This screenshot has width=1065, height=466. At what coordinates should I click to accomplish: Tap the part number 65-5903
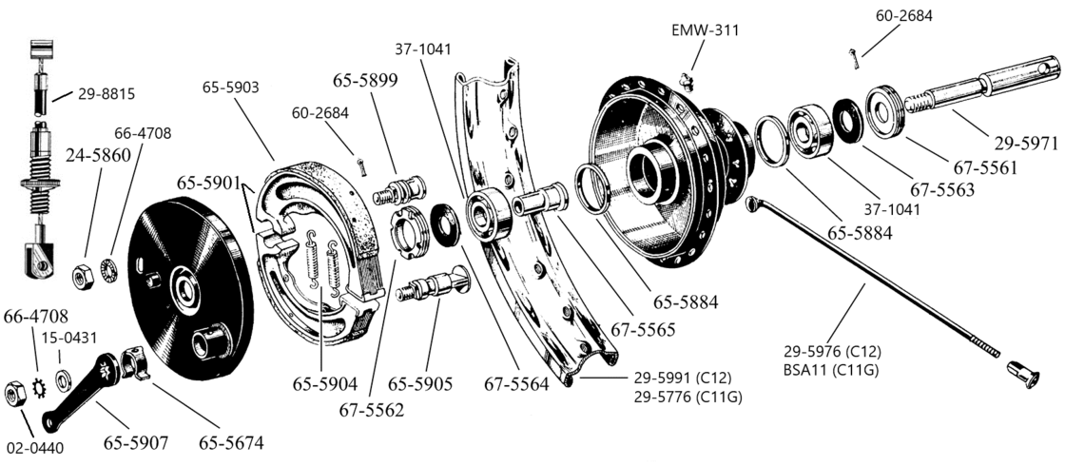click(x=231, y=87)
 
